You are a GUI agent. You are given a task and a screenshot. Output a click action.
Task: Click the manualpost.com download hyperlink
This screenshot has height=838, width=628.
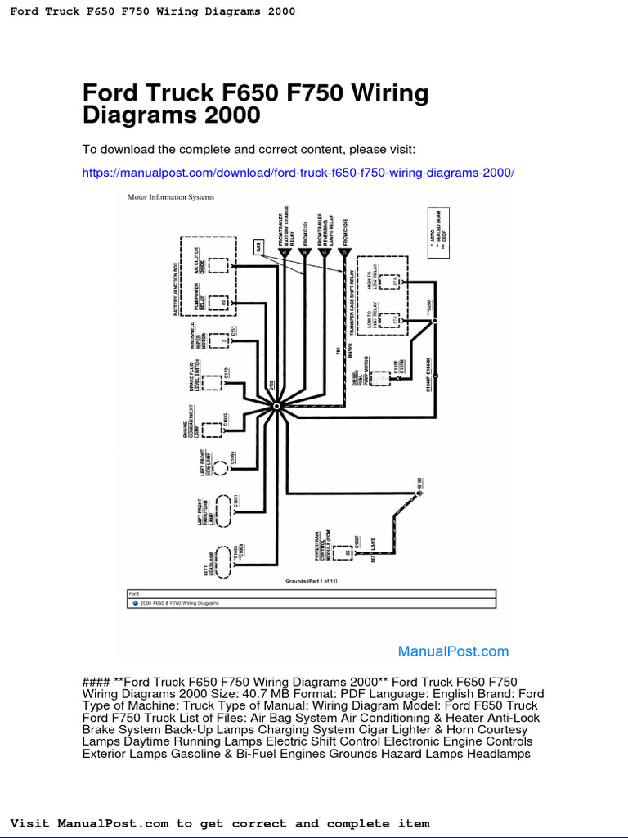[298, 173]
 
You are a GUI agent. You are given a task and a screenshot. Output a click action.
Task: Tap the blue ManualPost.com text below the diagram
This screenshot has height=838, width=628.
[453, 651]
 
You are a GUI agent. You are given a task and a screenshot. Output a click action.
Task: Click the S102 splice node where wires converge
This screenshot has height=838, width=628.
[277, 406]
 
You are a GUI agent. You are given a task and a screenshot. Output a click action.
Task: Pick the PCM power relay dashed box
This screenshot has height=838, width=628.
[218, 302]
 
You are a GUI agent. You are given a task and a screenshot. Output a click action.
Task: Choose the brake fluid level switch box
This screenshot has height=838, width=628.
[214, 382]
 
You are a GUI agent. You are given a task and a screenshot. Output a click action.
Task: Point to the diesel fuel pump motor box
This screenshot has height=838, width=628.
[381, 378]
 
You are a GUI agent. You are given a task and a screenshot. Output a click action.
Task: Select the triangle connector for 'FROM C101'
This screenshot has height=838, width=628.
[304, 253]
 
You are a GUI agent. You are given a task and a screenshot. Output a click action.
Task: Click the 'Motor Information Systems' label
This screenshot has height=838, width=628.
[171, 197]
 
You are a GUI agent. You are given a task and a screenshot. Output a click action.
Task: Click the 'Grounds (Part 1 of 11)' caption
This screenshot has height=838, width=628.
[311, 580]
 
